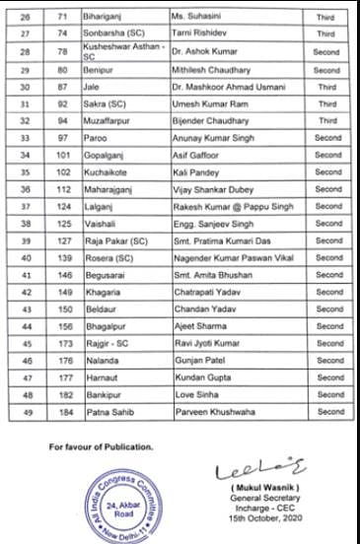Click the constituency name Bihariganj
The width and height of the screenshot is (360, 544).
111,18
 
